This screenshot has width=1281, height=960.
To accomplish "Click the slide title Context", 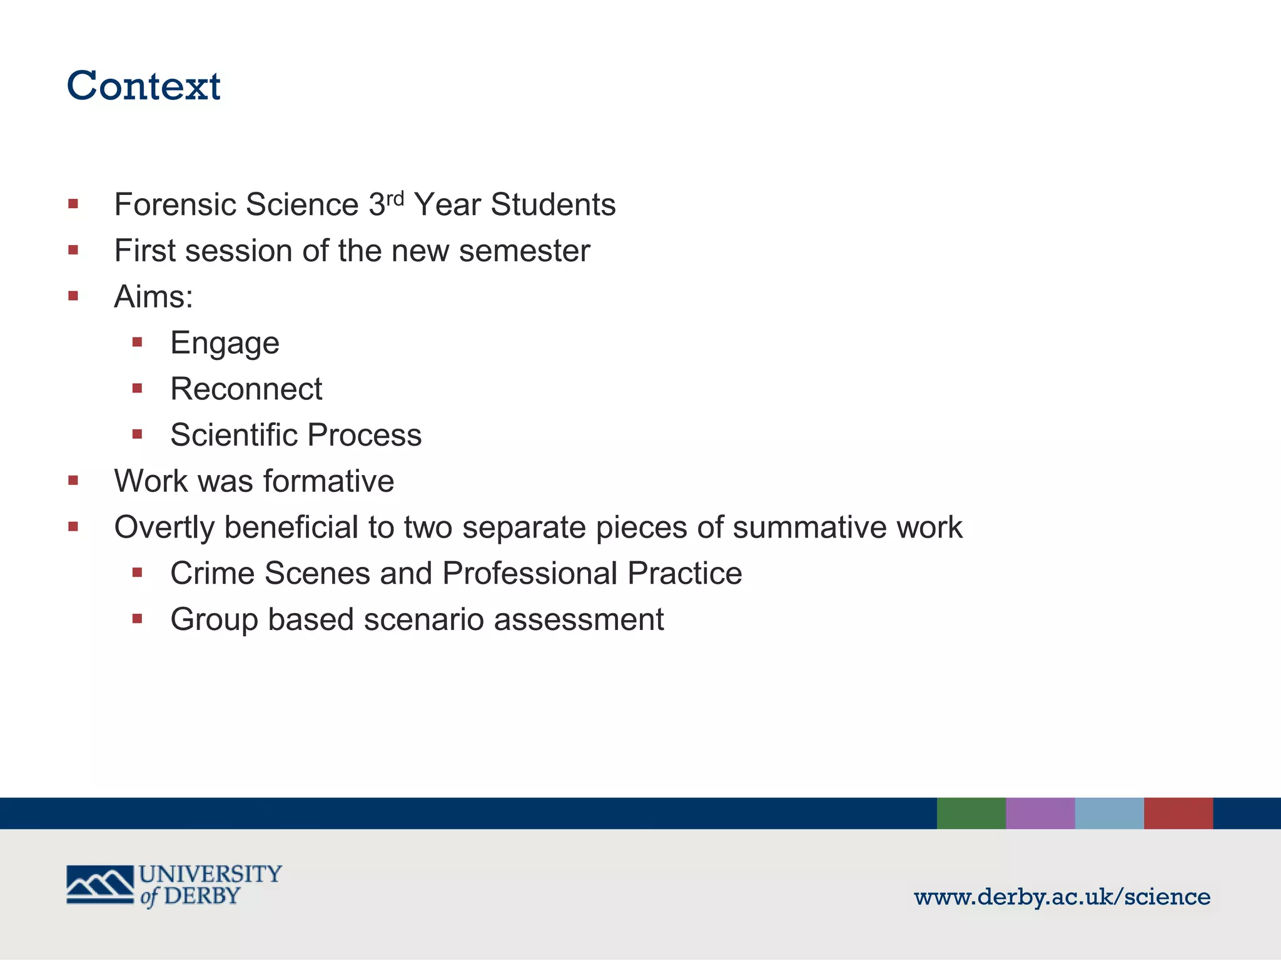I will point(143,86).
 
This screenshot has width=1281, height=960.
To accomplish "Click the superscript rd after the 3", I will point(395,198).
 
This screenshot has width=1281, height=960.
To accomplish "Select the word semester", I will point(524,251).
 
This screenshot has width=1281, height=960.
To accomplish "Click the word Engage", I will point(225,343).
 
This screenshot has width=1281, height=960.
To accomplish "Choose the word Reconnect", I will point(246,389).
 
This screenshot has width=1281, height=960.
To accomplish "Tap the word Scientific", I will point(234,435).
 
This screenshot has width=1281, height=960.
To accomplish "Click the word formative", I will point(328,481).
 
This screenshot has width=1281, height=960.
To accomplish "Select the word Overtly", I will point(165,527).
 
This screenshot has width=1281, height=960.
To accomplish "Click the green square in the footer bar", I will point(971,813).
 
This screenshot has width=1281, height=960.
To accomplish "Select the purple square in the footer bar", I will point(1040,813).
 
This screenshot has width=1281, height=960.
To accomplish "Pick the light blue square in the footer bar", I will point(1109,813).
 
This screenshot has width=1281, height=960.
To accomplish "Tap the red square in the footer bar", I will point(1178,813).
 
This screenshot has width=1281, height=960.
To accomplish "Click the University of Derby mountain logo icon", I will point(100,884).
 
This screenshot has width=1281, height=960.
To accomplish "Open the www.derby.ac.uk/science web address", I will point(1062,897).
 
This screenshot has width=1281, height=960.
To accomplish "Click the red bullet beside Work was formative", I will point(73,481).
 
